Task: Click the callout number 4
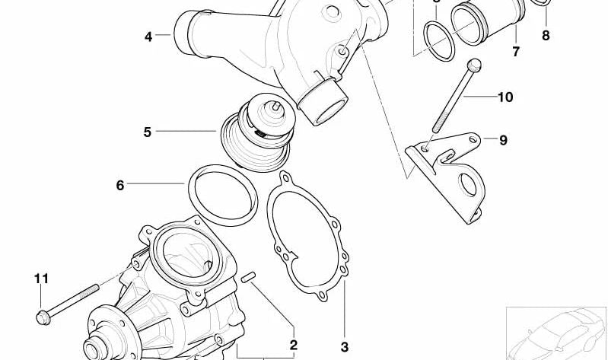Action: pos(148,36)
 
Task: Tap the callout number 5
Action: pos(147,132)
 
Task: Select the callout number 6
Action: pos(120,184)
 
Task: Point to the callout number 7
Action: pos(515,52)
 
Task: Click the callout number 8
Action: pos(546,35)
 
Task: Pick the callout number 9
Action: pos(503,140)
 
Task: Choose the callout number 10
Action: pos(505,97)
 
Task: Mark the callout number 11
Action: pos(41,279)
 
